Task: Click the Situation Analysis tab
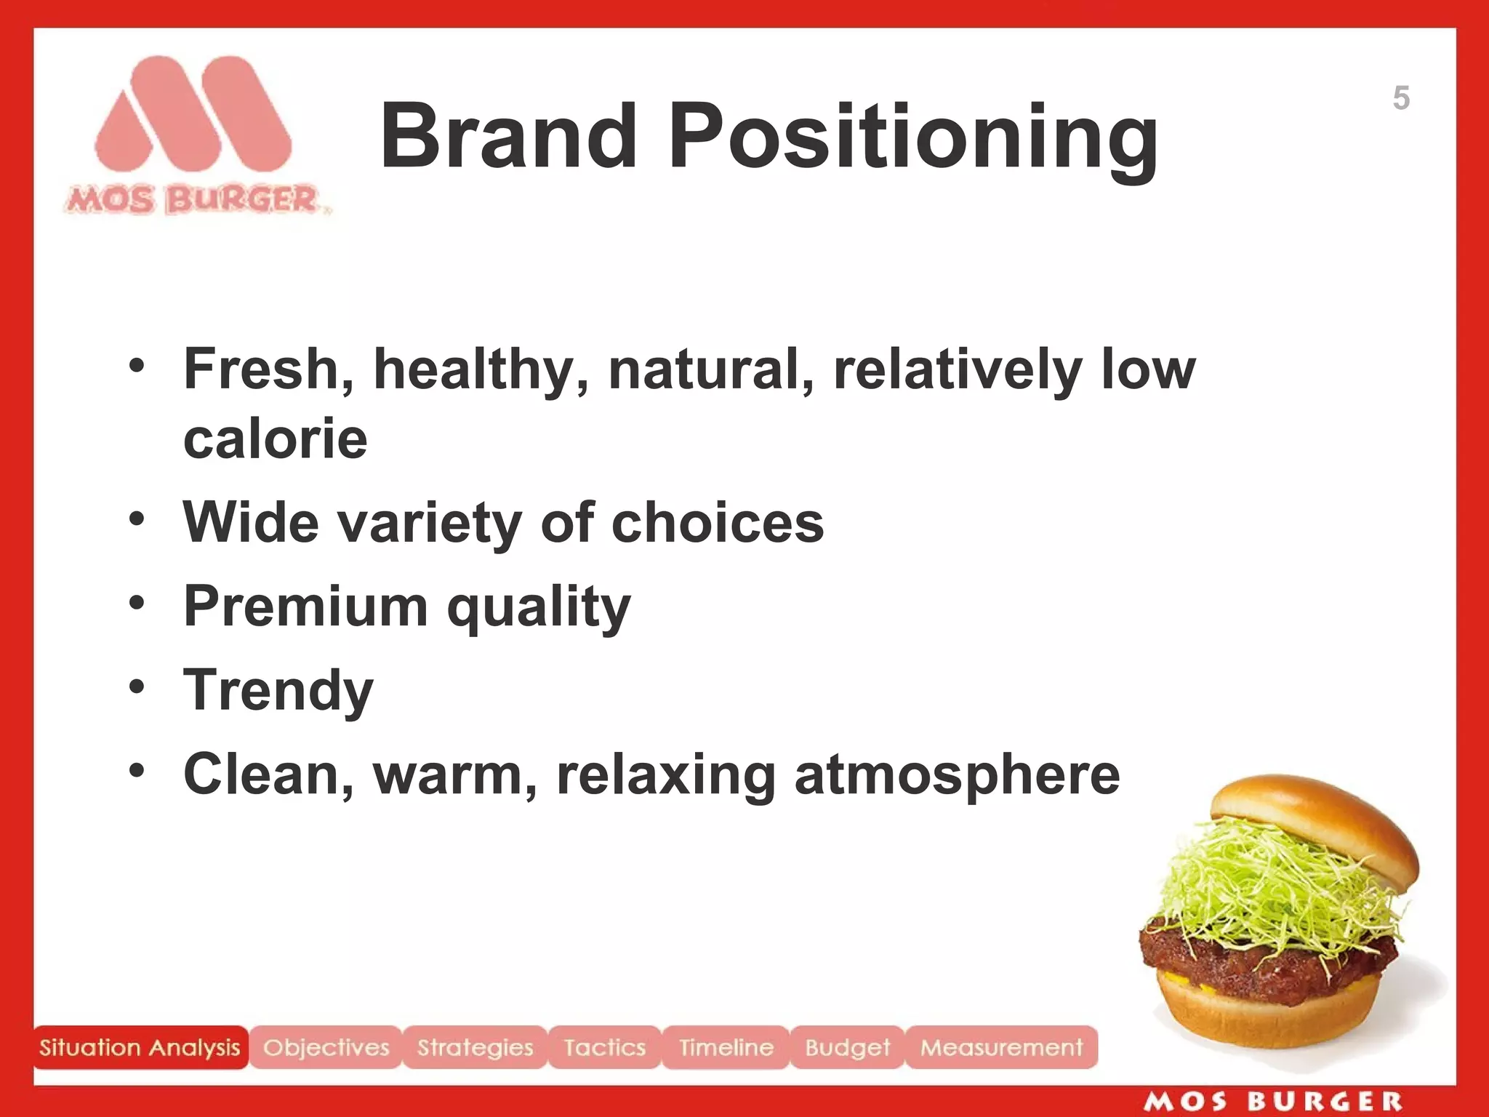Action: [x=140, y=1047]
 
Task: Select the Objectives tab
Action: [x=326, y=1047]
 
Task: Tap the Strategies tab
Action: [x=475, y=1047]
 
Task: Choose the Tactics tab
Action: [x=605, y=1047]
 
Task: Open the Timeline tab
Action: [x=726, y=1047]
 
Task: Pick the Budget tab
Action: [x=847, y=1047]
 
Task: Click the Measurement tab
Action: [x=1001, y=1047]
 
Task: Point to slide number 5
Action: [x=1401, y=98]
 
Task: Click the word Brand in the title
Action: [x=509, y=136]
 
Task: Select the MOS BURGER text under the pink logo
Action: [x=195, y=200]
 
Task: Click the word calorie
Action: [x=276, y=439]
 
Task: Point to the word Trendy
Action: [x=278, y=691]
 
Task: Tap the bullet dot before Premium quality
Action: [x=137, y=603]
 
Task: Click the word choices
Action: [x=718, y=523]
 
